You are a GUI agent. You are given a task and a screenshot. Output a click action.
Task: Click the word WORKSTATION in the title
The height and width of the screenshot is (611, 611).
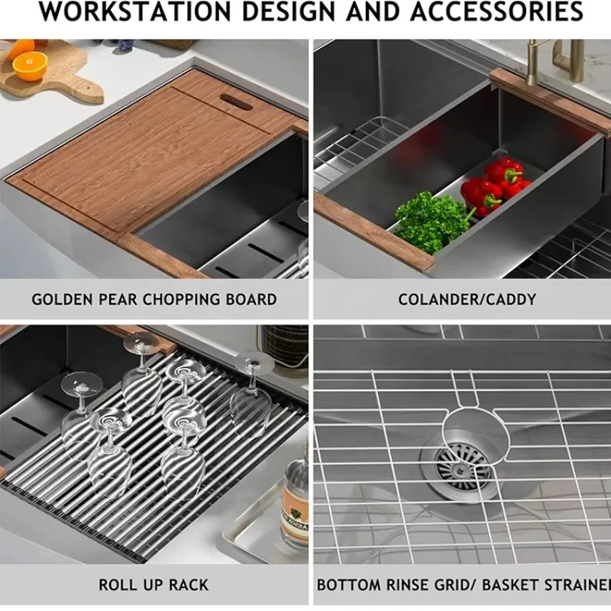[135, 11]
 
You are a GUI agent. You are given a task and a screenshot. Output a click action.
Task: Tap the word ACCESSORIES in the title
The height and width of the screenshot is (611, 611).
[496, 11]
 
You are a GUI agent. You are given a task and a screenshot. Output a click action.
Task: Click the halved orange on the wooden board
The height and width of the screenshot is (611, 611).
[30, 65]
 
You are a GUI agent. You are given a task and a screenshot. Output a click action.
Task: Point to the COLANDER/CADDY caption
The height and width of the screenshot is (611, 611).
[467, 299]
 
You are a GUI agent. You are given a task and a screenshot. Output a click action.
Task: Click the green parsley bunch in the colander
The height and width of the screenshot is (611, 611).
[432, 221]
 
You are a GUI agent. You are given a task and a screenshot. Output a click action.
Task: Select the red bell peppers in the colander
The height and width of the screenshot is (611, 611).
[495, 185]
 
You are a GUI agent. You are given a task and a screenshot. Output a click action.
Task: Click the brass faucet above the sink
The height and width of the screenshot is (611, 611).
[553, 59]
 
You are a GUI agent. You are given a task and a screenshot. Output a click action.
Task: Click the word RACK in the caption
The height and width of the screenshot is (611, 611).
[189, 585]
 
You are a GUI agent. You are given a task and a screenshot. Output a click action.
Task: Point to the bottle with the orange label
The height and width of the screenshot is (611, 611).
[295, 503]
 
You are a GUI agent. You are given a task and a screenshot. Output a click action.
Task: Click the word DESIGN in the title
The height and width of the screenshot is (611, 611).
[289, 11]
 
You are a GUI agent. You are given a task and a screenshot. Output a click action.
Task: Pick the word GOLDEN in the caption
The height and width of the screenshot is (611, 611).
[63, 299]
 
